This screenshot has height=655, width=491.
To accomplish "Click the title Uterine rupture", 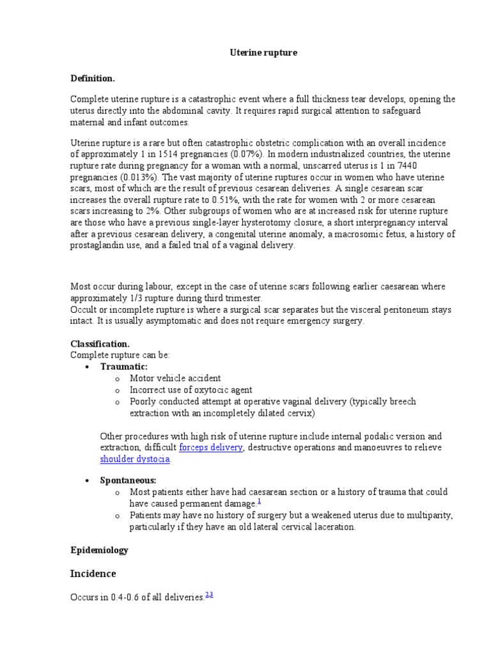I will click(x=263, y=53).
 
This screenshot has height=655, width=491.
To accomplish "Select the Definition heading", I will click(x=93, y=78).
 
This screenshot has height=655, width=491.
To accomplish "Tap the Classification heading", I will click(x=100, y=343).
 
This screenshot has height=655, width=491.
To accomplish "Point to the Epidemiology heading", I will click(x=99, y=549).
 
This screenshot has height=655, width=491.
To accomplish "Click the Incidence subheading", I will click(x=93, y=574).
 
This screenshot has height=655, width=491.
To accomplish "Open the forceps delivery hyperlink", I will click(x=210, y=448).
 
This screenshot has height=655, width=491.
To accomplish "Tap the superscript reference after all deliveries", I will click(x=208, y=595).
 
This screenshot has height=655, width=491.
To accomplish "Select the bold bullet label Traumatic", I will click(x=124, y=367).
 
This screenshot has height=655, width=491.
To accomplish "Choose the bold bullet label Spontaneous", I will click(x=129, y=480).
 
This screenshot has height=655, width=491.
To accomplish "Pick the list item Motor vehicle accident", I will click(x=175, y=379).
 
